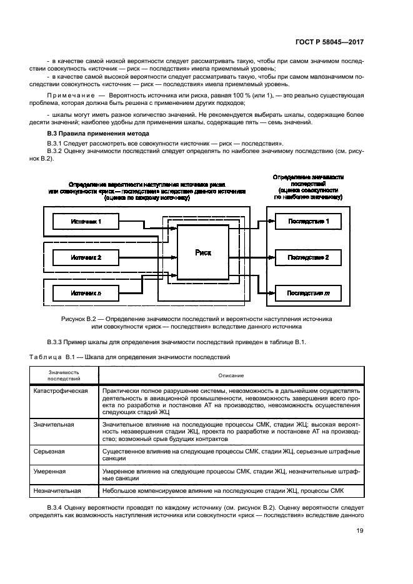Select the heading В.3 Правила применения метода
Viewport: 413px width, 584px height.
[x=98, y=134]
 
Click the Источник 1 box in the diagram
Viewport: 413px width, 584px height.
[x=86, y=222]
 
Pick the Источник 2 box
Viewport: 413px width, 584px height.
[x=86, y=257]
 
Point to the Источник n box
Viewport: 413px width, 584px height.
[x=86, y=292]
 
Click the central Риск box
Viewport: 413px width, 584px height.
[x=203, y=252]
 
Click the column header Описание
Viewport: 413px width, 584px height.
[x=231, y=375]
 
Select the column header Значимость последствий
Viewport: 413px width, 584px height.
[x=64, y=375]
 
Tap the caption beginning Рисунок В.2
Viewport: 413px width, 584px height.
[x=197, y=322]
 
